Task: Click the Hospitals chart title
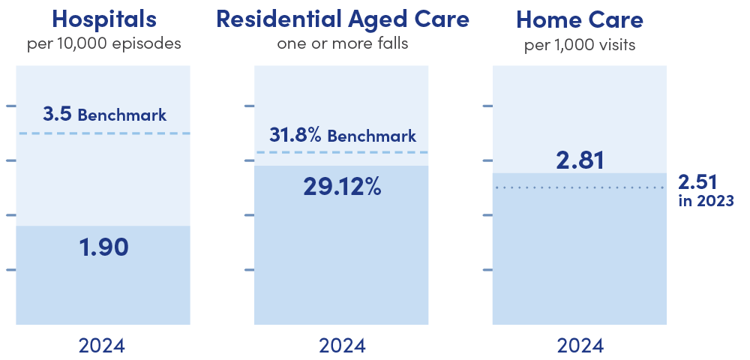pos(103,19)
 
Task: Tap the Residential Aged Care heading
pos(342,19)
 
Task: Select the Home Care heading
pos(580,19)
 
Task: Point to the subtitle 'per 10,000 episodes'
pos(103,43)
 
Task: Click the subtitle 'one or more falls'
pos(342,43)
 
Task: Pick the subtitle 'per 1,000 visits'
pos(580,44)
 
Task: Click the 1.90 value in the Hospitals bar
pos(103,247)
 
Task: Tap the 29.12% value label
pos(342,186)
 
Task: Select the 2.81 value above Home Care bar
pos(580,160)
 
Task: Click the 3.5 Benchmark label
pos(104,115)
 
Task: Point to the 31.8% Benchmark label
pos(342,136)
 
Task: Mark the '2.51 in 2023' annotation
pos(706,190)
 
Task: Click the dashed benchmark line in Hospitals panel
pos(103,133)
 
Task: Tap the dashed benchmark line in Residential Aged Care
pos(342,152)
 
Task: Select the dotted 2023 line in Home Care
pos(580,187)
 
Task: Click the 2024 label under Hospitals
pos(103,346)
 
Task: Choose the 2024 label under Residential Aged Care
pos(342,346)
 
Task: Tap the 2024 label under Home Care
pos(580,346)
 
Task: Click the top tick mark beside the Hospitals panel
pos(10,106)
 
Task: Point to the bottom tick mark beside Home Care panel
pos(487,270)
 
